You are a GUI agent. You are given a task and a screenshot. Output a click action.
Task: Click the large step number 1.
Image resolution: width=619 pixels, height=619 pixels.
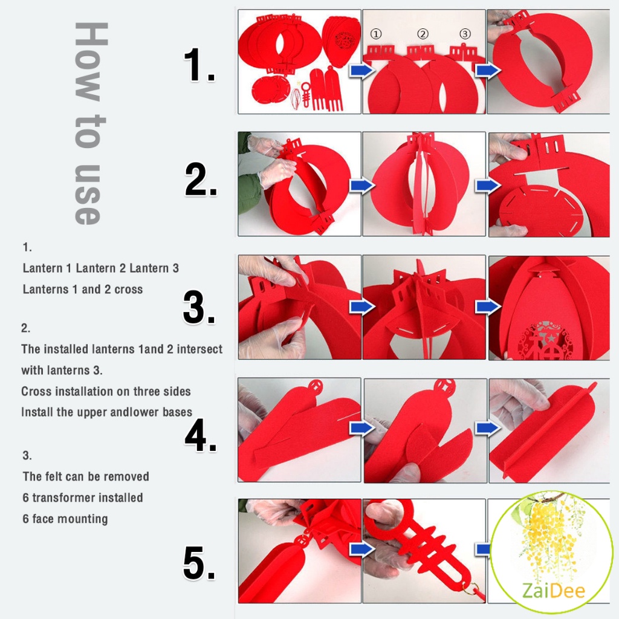click(199, 65)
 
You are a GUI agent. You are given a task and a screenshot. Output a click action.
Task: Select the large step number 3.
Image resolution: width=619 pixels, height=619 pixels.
click(199, 307)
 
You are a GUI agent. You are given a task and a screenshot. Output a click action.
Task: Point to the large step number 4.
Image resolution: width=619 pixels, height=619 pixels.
click(201, 435)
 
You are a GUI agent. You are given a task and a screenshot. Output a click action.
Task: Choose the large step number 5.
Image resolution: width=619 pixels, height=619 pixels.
click(199, 563)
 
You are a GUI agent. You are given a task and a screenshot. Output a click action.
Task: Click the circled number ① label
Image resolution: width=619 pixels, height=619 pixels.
click(376, 34)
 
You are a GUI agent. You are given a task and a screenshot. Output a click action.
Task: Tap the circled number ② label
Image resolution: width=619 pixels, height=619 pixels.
click(423, 34)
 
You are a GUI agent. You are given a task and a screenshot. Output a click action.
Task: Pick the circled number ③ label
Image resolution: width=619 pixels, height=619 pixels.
click(465, 34)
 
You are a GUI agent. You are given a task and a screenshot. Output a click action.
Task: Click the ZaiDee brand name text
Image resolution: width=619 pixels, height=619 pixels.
click(554, 591)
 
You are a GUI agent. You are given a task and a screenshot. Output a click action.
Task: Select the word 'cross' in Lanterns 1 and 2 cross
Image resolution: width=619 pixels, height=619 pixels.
click(128, 290)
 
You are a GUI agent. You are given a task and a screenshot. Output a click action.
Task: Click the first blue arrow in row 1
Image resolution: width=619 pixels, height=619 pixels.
click(361, 71)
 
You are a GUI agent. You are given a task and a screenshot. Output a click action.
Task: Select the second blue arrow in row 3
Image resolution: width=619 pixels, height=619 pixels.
click(488, 306)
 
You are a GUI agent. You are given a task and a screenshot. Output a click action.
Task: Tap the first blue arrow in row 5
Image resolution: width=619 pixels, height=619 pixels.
click(362, 549)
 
